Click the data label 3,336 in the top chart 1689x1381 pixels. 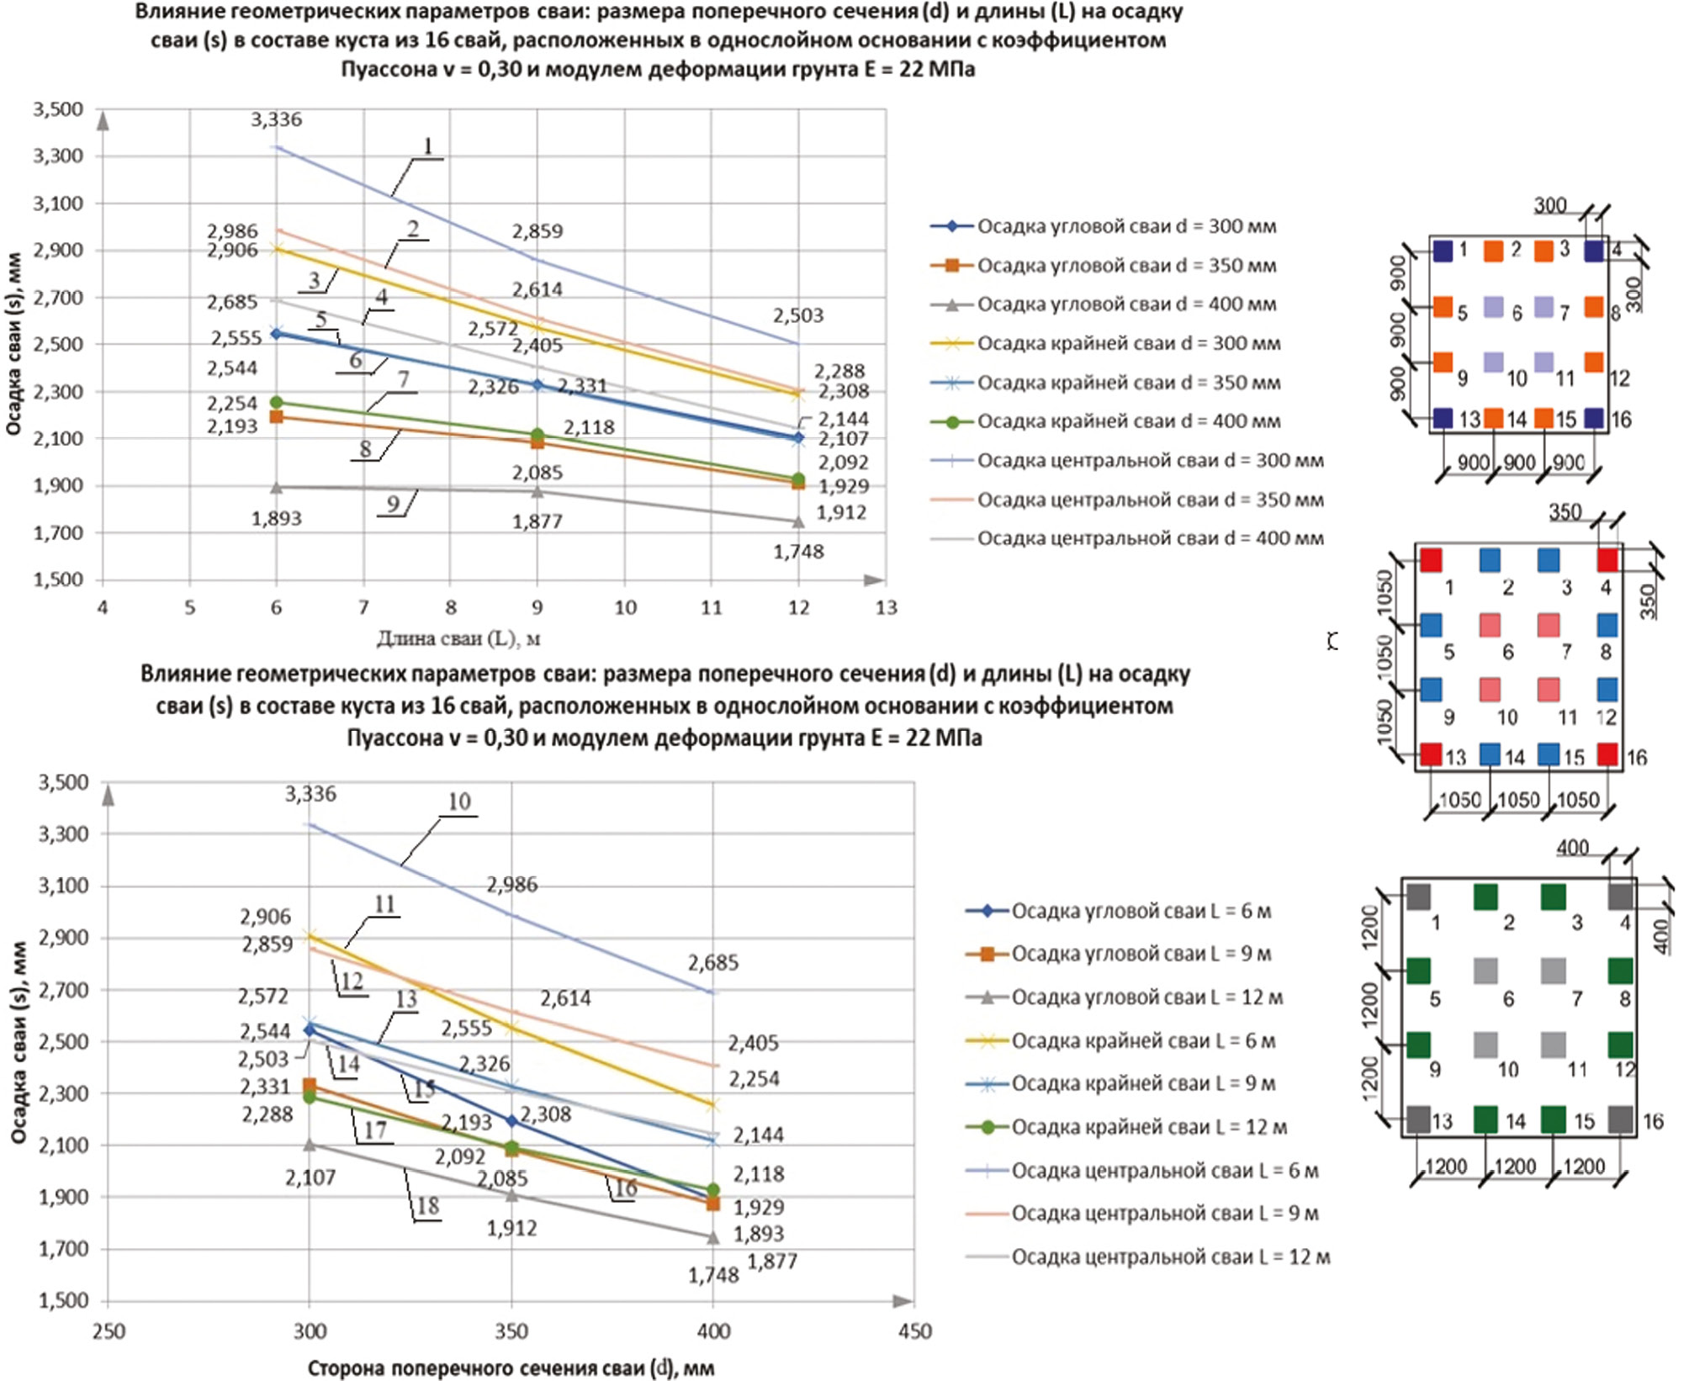coord(276,120)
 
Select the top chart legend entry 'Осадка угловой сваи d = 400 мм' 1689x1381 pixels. coord(1125,304)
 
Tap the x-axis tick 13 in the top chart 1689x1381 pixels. coord(886,607)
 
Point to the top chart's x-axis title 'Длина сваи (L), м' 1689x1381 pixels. coord(458,639)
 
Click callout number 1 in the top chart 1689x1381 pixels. coord(427,147)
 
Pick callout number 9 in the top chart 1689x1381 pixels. coord(393,505)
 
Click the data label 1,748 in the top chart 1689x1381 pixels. coord(798,552)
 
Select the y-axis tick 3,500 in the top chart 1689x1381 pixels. coord(58,109)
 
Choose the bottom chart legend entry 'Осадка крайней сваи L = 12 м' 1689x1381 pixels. coord(1148,1127)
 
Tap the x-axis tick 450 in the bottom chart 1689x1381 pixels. coord(914,1331)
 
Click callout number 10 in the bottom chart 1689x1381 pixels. coord(458,802)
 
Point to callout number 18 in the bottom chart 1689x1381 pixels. coord(427,1206)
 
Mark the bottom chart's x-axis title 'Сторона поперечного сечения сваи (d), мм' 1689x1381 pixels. coord(511,1368)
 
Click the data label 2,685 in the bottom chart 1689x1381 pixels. coord(712,963)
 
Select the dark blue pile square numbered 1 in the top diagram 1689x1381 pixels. coord(1443,251)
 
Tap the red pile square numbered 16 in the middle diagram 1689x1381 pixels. coord(1607,754)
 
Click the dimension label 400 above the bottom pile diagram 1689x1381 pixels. coord(1572,848)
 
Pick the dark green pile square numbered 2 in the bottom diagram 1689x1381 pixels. coord(1485,897)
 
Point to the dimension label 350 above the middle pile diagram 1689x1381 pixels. coord(1565,512)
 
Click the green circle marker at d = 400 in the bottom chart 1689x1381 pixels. coord(713,1190)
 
